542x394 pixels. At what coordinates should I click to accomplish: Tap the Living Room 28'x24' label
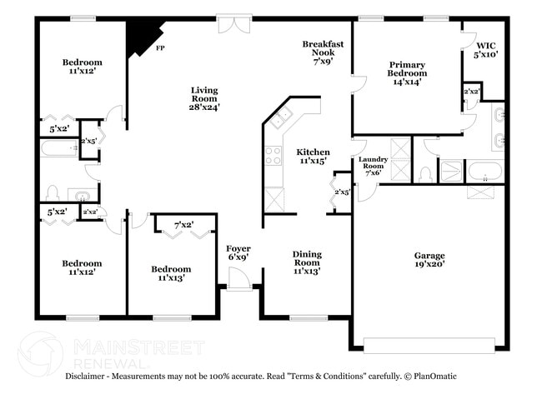tap(204, 98)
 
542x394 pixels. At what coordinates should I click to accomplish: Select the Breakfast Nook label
tap(323, 52)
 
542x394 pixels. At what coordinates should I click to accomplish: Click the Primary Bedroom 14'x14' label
tap(406, 72)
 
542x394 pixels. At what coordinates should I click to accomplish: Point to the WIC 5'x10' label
tap(486, 50)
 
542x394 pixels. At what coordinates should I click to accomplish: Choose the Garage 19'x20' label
tap(429, 261)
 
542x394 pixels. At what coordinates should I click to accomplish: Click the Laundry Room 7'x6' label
tap(371, 166)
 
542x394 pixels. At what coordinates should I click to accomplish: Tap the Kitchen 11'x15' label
tap(313, 157)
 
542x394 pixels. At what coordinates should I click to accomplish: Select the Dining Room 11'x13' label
tap(307, 262)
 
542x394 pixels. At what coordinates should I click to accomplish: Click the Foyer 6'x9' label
tap(238, 253)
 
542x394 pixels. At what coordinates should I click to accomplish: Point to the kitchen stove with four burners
tap(274, 155)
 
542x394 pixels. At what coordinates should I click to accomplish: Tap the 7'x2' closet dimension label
tap(184, 225)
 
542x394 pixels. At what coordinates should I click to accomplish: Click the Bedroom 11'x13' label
tap(171, 273)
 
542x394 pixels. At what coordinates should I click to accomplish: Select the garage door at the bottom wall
tap(429, 343)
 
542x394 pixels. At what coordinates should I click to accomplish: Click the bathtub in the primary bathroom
tap(484, 172)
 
